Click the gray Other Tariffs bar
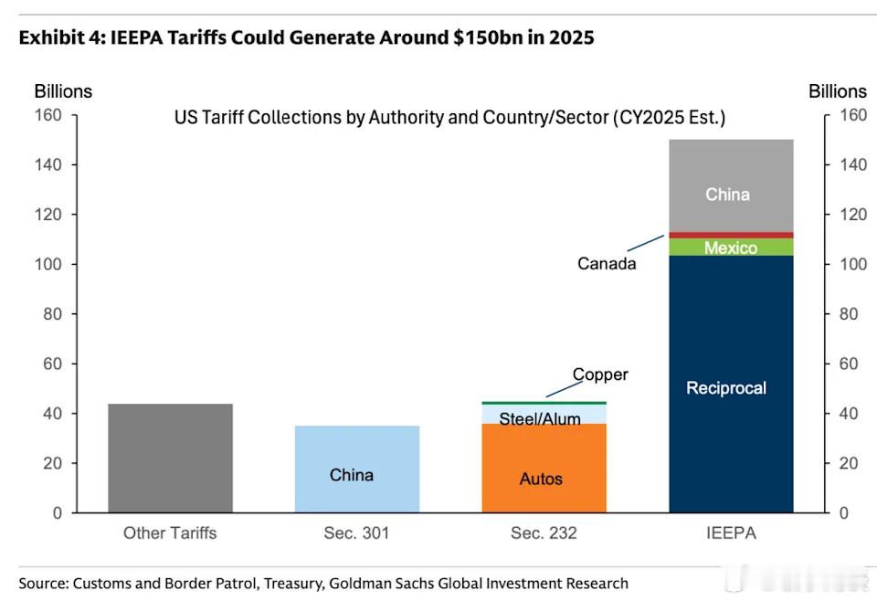170,458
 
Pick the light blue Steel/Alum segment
544,413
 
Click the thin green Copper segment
544,403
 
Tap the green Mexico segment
731,247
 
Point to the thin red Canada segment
731,235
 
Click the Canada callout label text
607,264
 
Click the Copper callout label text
600,374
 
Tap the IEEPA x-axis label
731,532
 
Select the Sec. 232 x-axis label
544,532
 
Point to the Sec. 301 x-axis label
357,532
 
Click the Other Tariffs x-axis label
170,532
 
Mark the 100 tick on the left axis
49,264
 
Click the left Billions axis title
63,91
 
